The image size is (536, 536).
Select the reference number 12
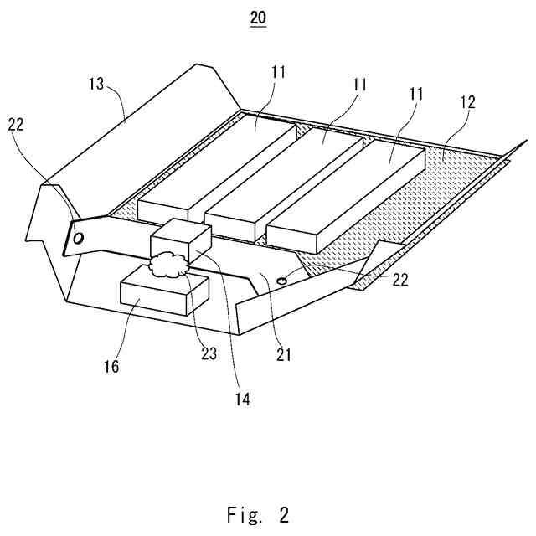467,103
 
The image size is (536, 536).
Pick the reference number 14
242,399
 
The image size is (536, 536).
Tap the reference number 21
284,354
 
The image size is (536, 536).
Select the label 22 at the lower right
400,280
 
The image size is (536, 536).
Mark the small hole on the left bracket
78,238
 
